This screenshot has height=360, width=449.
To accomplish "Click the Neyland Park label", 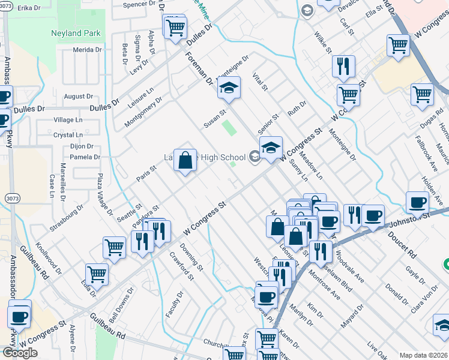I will (76, 32).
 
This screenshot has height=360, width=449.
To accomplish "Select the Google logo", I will (20, 353).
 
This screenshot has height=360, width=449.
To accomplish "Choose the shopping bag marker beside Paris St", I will (185, 160).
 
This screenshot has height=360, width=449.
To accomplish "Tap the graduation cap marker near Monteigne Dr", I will (228, 88).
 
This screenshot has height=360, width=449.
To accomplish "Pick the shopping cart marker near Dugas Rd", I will (422, 94).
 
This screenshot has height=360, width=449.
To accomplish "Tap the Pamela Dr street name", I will (84, 157).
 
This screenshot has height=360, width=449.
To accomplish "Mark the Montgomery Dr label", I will (143, 112).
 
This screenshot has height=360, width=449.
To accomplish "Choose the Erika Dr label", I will (28, 8).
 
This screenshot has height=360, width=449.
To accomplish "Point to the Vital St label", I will (259, 81).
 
